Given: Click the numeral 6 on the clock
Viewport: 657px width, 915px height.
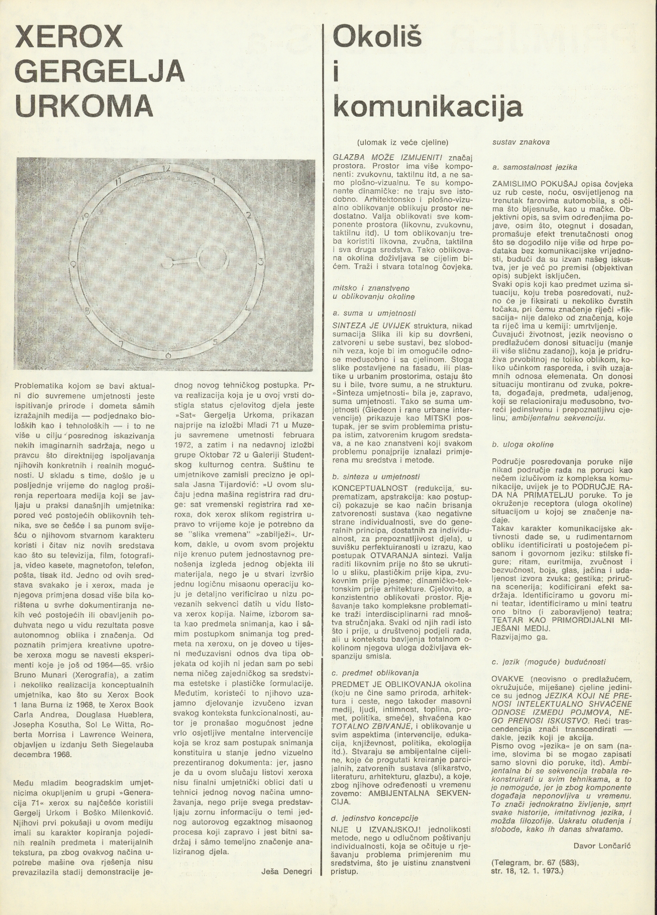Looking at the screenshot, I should pyautogui.click(x=168, y=355).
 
